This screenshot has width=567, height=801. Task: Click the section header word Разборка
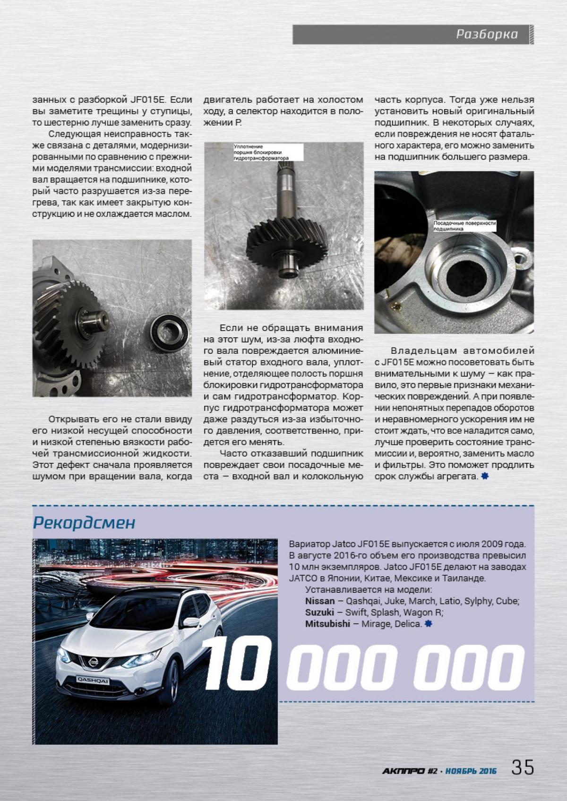point(487,34)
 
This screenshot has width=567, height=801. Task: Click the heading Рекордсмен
point(84,523)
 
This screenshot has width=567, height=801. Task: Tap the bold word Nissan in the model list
point(320,601)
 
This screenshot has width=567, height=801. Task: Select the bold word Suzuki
point(320,613)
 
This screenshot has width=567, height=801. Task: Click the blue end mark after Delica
point(428,624)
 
